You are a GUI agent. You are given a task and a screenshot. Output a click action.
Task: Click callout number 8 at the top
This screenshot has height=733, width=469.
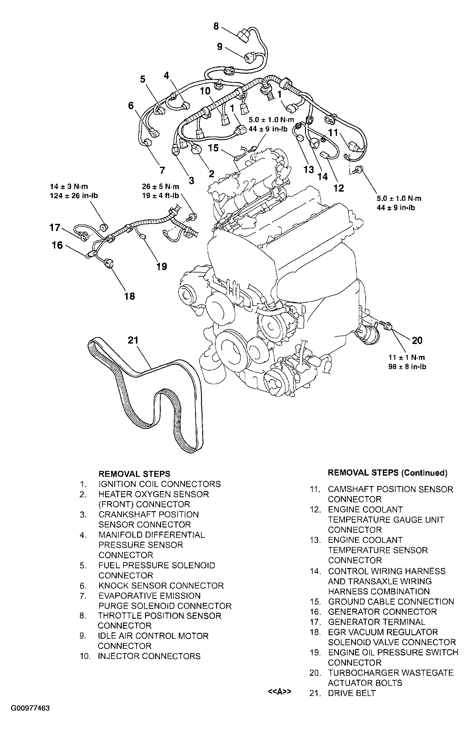216,26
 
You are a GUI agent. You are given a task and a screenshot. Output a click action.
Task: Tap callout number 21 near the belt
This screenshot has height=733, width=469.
133,340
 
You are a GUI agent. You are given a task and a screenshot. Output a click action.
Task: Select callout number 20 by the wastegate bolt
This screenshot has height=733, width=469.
417,340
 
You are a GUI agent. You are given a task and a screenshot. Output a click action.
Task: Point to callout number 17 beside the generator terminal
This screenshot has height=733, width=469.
55,227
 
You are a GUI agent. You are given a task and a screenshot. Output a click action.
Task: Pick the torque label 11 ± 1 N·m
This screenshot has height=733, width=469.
407,357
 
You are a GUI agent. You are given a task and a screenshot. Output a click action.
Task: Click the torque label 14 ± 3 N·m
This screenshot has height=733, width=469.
69,186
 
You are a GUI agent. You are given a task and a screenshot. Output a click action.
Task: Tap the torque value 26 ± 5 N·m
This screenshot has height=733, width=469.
160,186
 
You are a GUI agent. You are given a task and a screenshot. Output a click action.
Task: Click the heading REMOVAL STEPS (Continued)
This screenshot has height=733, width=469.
387,473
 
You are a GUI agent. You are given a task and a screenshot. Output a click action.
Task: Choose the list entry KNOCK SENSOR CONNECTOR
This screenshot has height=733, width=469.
161,586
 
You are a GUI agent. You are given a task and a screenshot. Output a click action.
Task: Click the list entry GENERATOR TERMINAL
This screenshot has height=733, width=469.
376,622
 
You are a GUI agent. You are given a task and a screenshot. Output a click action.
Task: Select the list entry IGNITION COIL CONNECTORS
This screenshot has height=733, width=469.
160,484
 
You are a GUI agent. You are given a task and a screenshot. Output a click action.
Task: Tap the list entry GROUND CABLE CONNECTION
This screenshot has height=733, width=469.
391,602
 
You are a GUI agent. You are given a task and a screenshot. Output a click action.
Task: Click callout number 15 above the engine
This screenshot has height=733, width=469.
213,148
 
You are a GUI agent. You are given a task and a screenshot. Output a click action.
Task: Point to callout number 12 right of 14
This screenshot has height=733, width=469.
339,188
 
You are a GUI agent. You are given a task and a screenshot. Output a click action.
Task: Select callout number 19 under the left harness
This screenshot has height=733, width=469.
162,267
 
